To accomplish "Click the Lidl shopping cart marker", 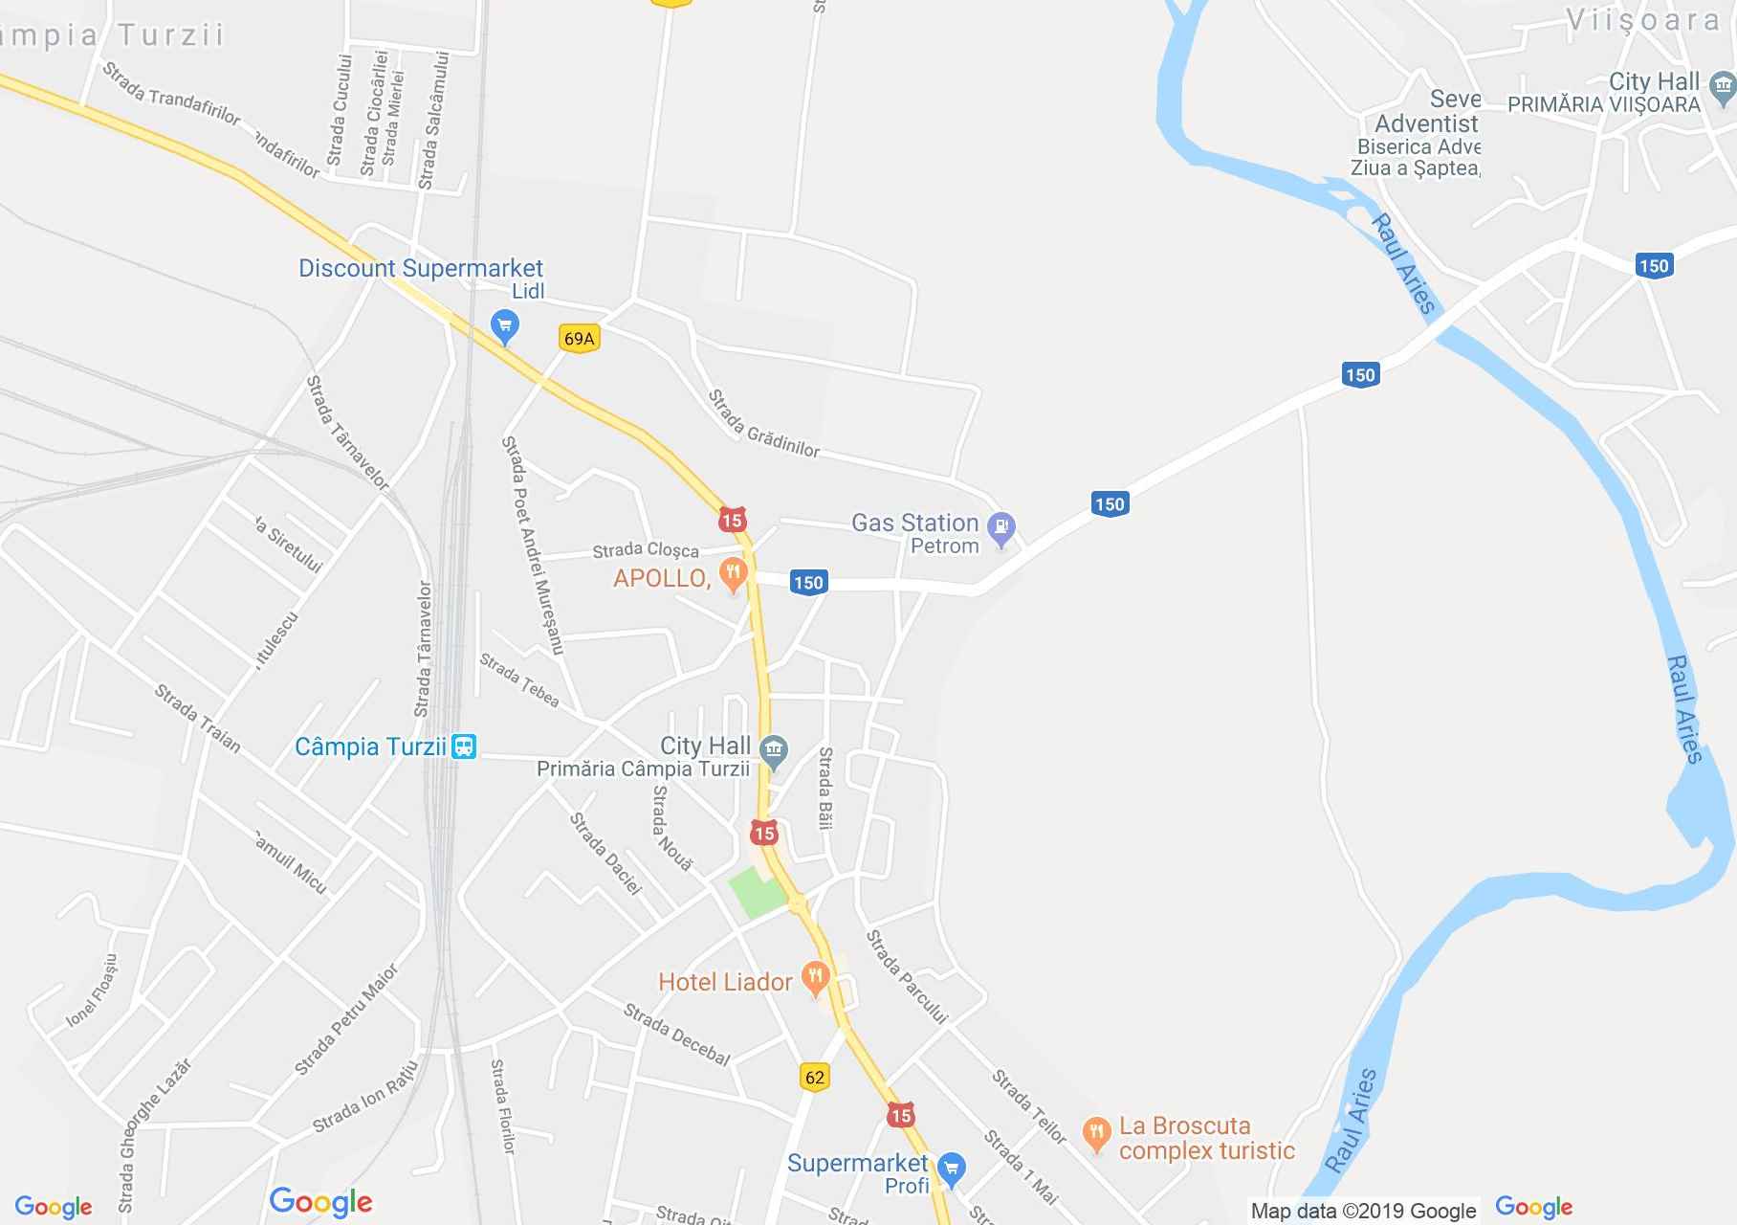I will click(504, 325).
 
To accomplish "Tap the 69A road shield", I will click(579, 339).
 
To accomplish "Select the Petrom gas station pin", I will click(1001, 527).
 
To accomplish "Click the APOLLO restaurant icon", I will click(733, 574).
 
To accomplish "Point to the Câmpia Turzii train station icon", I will click(464, 746).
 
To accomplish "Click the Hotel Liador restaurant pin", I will click(815, 978).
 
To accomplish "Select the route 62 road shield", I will click(814, 1077).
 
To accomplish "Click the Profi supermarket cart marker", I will click(951, 1168).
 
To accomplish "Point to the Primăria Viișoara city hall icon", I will click(1723, 89).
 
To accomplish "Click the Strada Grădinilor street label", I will click(763, 423).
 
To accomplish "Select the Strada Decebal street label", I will click(677, 1035).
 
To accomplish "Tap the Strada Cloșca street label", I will click(646, 550).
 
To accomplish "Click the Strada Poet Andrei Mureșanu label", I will click(532, 546).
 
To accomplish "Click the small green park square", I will click(757, 893).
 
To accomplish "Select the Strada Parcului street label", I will click(906, 977).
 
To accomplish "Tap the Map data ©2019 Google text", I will click(1363, 1212).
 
